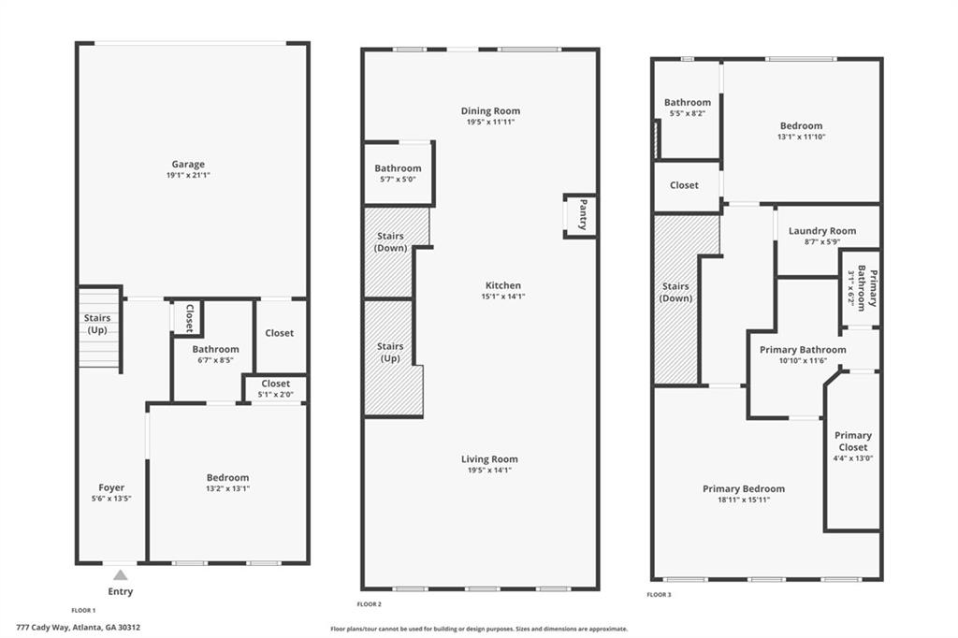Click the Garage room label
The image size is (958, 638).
click(187, 165)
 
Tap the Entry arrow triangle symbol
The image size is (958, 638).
click(120, 574)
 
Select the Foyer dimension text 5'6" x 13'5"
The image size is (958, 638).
click(111, 499)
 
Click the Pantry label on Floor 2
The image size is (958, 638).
click(582, 214)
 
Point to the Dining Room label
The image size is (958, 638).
click(490, 111)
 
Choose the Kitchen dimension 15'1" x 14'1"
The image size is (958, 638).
click(502, 297)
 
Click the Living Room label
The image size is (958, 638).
click(489, 459)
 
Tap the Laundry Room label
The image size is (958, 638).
click(821, 231)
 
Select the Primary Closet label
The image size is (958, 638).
click(852, 441)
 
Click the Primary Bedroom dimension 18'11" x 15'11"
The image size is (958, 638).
click(744, 500)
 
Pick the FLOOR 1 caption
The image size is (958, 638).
click(83, 609)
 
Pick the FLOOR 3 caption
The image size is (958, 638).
click(659, 594)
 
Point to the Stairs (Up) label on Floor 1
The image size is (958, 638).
click(97, 324)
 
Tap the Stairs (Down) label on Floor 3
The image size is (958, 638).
click(675, 292)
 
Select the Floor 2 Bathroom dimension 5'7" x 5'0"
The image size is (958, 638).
click(398, 180)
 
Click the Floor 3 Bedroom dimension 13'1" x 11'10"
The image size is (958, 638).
click(801, 137)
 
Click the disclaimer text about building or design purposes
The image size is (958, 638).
click(478, 629)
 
